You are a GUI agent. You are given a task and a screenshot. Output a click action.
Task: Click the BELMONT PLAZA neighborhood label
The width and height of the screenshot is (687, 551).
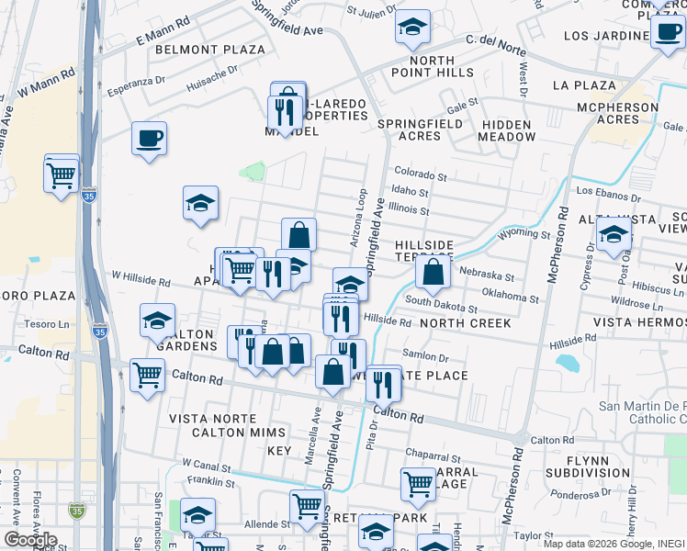point(209,50)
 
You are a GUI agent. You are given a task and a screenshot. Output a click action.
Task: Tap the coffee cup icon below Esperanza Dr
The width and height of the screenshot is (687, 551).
point(149,140)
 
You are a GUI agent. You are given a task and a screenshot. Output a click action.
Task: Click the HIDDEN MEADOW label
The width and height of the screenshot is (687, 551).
point(506,130)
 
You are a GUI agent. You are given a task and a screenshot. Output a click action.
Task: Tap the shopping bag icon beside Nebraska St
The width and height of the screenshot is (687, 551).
point(434,272)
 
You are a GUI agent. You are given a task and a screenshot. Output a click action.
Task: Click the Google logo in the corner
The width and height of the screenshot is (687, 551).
point(30,540)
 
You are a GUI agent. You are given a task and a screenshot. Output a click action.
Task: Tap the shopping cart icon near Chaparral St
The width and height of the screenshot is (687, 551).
point(418,484)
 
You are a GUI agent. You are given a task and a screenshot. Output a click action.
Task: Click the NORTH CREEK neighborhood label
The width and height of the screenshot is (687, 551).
point(458,323)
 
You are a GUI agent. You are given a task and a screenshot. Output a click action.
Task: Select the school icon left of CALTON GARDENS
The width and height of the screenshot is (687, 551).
point(158,321)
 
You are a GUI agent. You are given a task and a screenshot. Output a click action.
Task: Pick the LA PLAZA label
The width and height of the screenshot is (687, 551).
point(584,85)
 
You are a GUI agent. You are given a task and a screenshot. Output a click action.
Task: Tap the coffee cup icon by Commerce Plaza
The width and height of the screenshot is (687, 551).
point(667,34)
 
